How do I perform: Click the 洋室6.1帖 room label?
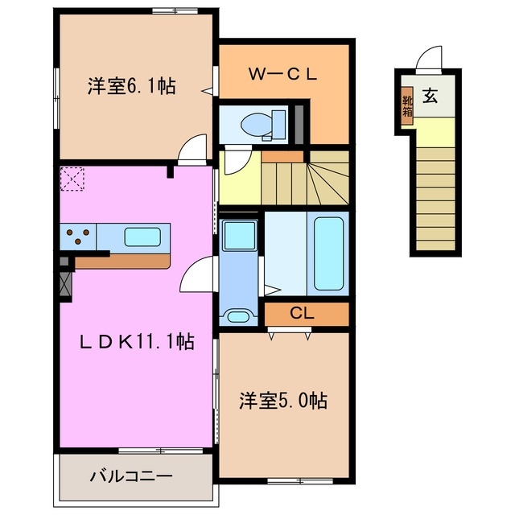132,86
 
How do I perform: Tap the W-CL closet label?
283,74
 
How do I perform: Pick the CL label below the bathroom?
303,313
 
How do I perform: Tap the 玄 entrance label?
431,97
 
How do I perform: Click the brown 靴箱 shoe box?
408,105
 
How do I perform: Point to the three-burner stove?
76,236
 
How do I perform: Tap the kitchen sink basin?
143,237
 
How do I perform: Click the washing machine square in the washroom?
237,234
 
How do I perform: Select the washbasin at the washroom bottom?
237,315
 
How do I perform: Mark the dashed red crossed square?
72,177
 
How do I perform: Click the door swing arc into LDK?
195,278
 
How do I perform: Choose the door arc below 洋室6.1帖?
191,149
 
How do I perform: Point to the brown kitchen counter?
121,262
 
